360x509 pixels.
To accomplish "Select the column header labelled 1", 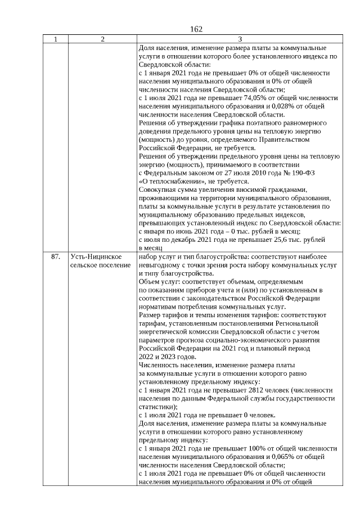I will [x=55, y=39].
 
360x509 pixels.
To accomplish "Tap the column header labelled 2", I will [x=102, y=39].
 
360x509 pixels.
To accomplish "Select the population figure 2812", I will [x=233, y=390].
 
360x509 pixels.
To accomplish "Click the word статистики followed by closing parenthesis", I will [x=157, y=406].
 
